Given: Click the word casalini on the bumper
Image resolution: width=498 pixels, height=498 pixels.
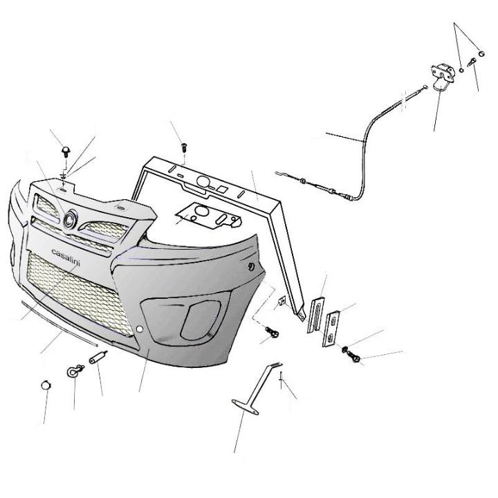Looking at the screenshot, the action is [x=66, y=257].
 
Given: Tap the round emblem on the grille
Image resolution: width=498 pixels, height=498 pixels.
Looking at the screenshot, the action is [x=70, y=219].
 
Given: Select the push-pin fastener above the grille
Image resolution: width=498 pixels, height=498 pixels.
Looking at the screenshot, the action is [x=66, y=151].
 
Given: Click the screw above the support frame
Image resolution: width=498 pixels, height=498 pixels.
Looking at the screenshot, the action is [x=184, y=147].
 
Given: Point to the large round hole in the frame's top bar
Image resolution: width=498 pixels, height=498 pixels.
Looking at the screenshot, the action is [x=203, y=181].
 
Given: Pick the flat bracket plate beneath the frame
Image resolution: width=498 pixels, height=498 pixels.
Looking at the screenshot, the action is [x=210, y=214].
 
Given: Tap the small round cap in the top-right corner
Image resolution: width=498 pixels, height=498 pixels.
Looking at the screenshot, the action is [x=481, y=54].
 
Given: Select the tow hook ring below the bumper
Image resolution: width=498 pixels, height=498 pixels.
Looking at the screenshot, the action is [x=74, y=371].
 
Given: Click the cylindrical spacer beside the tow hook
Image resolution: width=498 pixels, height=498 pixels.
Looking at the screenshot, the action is [x=98, y=358].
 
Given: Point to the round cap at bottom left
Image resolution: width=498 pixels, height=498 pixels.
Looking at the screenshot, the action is [x=46, y=385].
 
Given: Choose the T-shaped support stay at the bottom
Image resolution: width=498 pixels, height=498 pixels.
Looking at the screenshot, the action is [x=257, y=389].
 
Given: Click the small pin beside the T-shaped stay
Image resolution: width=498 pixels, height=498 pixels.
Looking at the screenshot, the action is [x=281, y=380].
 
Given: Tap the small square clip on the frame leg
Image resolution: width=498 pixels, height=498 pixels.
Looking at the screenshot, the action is [x=282, y=300].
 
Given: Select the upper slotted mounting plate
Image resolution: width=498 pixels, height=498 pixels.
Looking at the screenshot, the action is [x=315, y=315].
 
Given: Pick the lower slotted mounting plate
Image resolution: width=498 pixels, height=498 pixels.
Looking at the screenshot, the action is [x=331, y=329].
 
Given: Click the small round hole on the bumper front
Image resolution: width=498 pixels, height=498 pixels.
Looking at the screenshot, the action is [x=139, y=329].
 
